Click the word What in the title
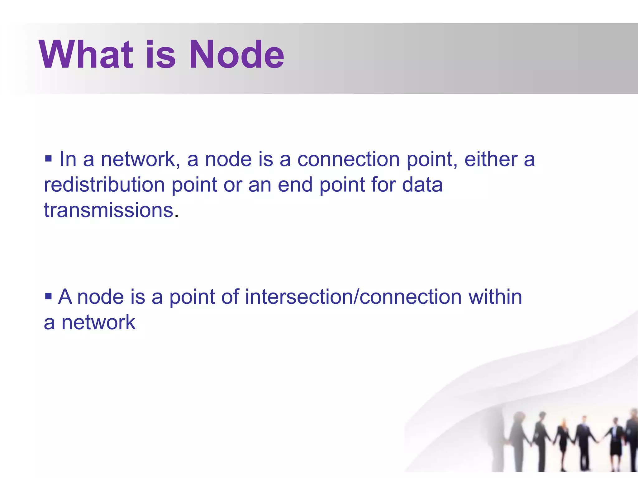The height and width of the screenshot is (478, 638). point(86,55)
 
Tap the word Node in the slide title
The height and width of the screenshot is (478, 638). point(236,55)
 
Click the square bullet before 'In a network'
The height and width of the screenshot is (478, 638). point(48,159)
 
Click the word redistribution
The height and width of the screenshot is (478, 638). point(104,185)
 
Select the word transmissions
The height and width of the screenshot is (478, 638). point(108,210)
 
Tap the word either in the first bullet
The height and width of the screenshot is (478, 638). point(491,159)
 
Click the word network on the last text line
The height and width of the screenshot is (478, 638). point(98,322)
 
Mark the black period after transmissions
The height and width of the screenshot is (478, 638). point(177,216)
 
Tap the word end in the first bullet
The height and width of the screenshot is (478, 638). point(295,185)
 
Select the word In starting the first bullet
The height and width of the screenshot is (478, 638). point(68,159)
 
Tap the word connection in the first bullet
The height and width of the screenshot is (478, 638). point(348,159)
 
